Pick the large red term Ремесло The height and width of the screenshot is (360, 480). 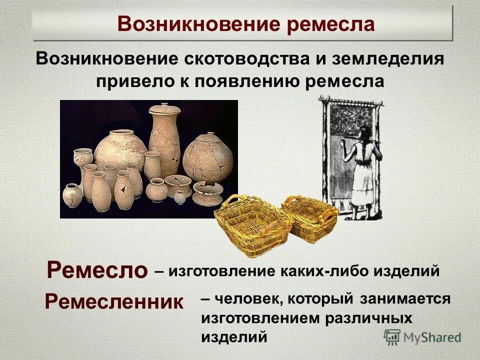97,270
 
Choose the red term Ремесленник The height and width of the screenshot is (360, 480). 114,301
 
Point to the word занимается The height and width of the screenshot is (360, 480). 405,299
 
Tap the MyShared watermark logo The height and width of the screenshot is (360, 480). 422,337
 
